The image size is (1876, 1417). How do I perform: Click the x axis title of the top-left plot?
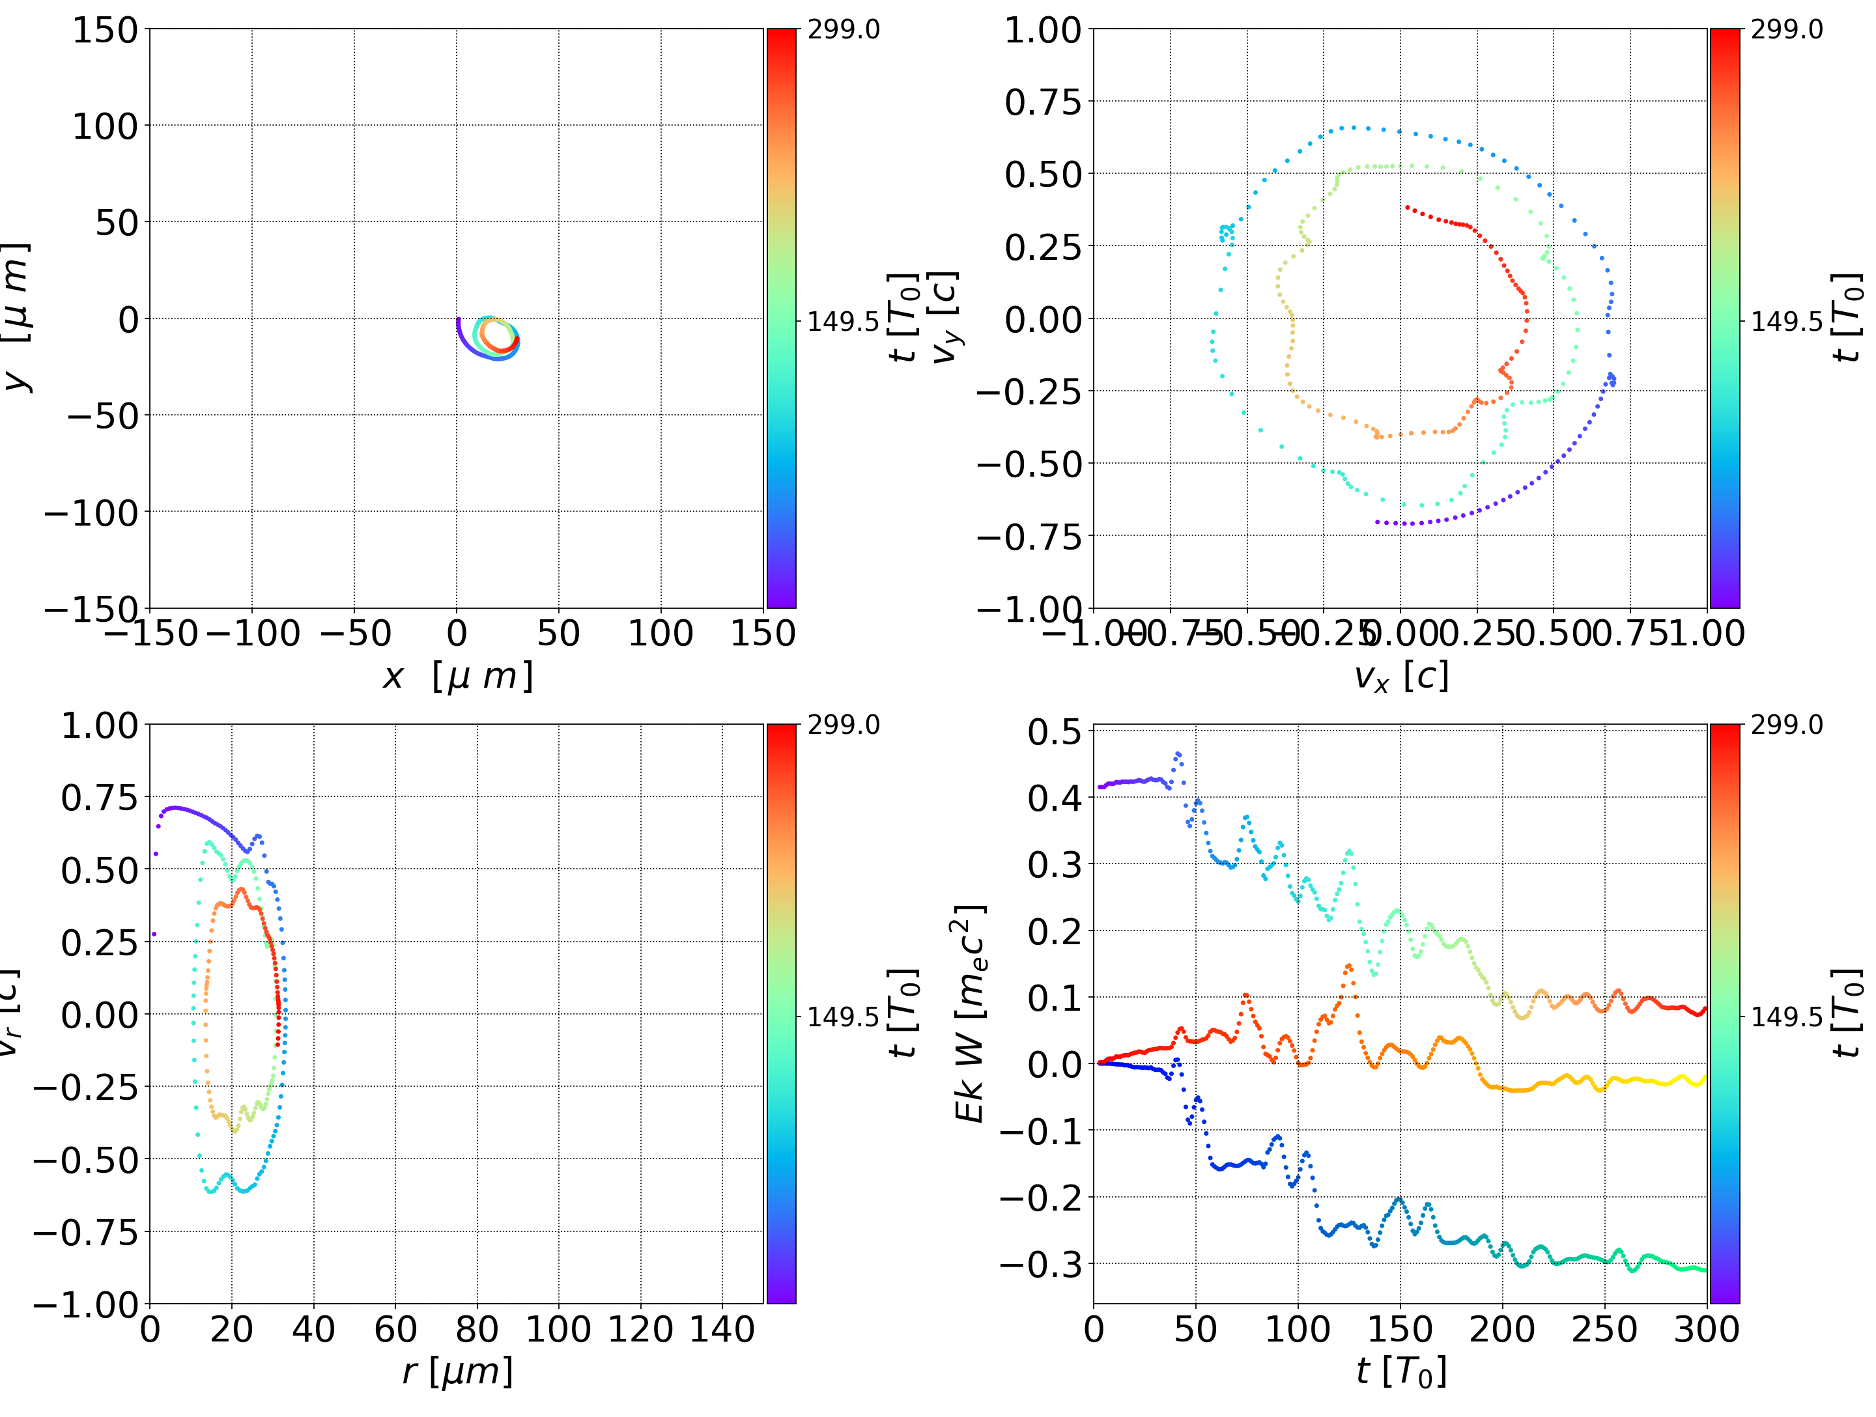(x=457, y=676)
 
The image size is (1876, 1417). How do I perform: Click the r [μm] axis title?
(x=457, y=1371)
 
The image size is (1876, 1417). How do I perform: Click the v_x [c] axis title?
(x=1400, y=676)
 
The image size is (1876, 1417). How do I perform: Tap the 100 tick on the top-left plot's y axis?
(x=104, y=126)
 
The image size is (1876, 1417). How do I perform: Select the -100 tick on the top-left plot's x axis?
(x=253, y=634)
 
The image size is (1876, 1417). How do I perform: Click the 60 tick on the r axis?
(x=395, y=1329)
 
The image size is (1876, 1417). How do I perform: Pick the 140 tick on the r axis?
(x=722, y=1329)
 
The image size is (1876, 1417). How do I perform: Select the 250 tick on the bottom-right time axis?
(x=1604, y=1329)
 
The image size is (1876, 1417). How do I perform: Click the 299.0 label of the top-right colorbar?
(x=1786, y=30)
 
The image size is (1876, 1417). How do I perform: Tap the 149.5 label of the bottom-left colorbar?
(x=843, y=1016)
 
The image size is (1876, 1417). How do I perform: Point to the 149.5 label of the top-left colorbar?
(x=843, y=322)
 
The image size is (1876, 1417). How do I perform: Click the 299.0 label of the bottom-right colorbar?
(x=1786, y=725)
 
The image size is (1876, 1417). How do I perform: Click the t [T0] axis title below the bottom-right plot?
(x=1400, y=1371)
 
